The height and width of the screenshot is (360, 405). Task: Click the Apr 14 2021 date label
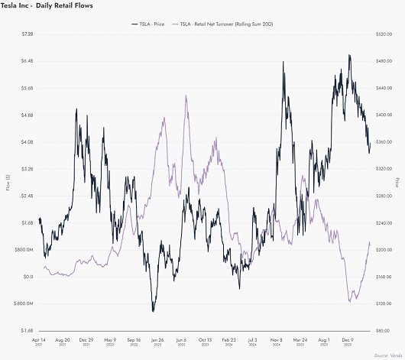coord(38,342)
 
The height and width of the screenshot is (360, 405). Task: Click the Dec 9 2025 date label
coord(348,342)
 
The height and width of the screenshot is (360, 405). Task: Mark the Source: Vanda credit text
coord(387,355)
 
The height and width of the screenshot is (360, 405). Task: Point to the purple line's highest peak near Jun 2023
coord(186,96)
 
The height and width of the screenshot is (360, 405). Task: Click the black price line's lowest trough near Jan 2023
coord(154,310)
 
